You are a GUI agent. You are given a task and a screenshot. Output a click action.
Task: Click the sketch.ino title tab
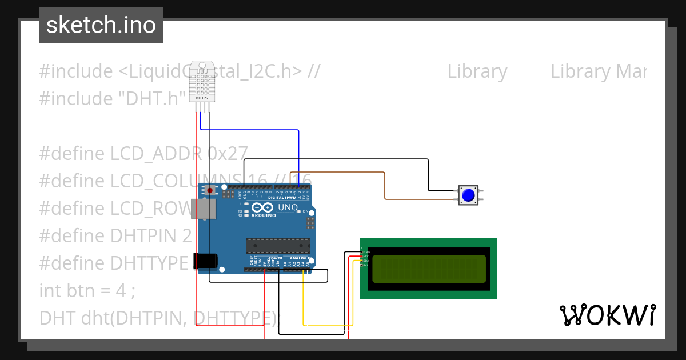101,25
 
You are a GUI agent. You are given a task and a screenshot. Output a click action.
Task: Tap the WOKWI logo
607,315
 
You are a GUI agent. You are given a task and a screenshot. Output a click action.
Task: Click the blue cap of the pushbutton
468,195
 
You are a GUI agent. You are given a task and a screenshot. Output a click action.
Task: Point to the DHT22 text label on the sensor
202,98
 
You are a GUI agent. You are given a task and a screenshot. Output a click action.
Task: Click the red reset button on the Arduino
210,190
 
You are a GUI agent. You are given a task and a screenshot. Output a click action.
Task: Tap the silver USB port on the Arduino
204,209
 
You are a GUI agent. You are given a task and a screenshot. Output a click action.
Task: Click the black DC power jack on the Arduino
205,261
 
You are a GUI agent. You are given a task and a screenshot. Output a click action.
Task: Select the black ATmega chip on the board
278,245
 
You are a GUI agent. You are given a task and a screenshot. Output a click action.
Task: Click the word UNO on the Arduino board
288,207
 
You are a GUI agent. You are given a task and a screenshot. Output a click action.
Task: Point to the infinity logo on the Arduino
262,207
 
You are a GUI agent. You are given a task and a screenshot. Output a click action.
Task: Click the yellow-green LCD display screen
429,269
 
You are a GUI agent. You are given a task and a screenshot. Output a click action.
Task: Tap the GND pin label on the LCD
365,252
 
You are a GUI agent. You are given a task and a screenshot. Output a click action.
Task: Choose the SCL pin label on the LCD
365,265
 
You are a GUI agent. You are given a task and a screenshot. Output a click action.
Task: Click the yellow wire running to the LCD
326,325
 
